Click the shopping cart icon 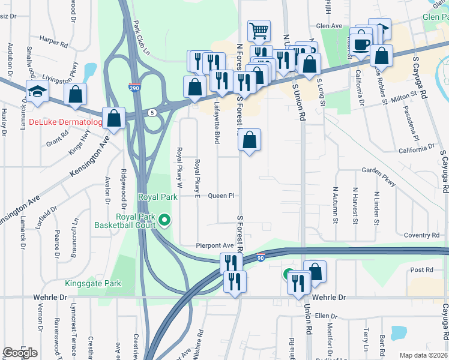coord(259,29)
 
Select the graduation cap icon coord(37,92)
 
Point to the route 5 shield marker coord(153,112)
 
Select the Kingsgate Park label coord(93,283)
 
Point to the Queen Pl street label coord(220,196)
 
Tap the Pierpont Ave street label coord(214,246)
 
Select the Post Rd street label coord(422,271)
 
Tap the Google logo coord(20,353)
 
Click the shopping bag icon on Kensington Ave coord(113,118)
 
